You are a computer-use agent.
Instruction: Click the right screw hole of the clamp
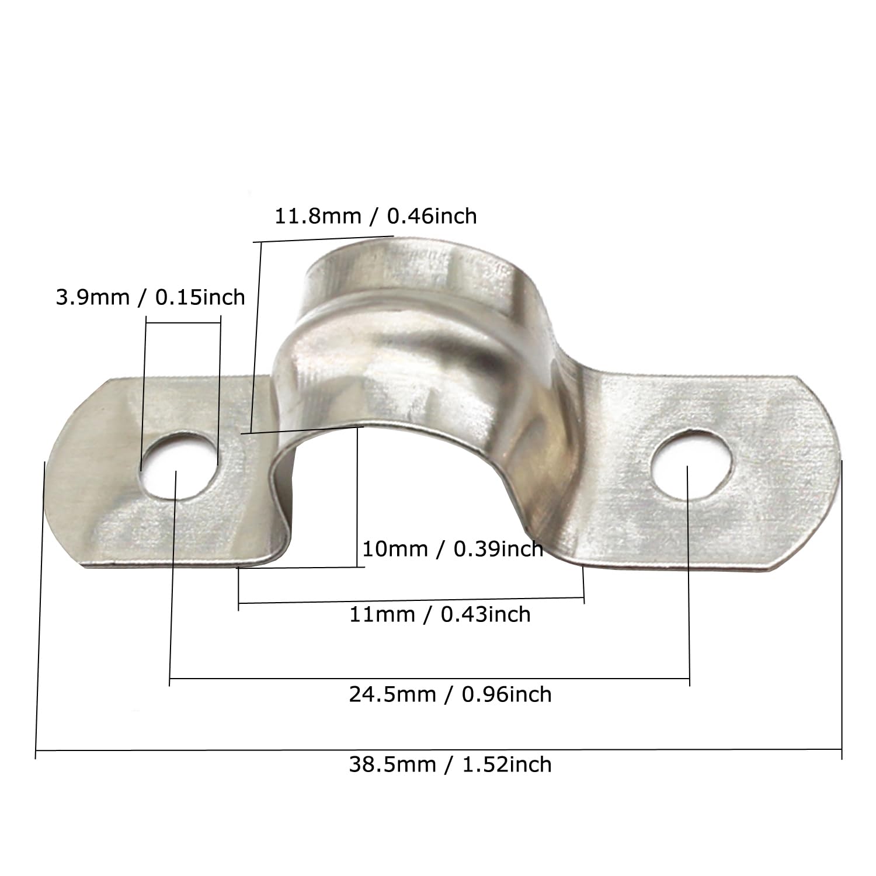691,465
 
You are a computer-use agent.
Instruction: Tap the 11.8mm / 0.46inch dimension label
376,217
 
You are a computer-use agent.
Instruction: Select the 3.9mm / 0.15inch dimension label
150,297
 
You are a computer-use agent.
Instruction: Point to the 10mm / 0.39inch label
453,549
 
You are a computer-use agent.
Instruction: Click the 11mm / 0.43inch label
440,615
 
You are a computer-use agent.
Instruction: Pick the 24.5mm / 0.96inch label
450,694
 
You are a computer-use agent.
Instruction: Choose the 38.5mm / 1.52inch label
450,764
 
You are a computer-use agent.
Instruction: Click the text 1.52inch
506,764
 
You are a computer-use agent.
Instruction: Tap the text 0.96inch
506,694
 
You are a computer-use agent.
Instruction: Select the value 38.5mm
392,764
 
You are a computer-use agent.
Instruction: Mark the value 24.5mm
392,694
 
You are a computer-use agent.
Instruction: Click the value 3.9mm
92,297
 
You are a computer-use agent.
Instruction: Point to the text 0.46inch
432,217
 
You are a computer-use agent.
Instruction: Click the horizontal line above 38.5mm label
438,749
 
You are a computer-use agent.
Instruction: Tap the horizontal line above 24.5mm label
429,679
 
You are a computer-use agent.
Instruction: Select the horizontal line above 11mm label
411,600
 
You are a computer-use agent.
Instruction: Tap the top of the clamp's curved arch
409,248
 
